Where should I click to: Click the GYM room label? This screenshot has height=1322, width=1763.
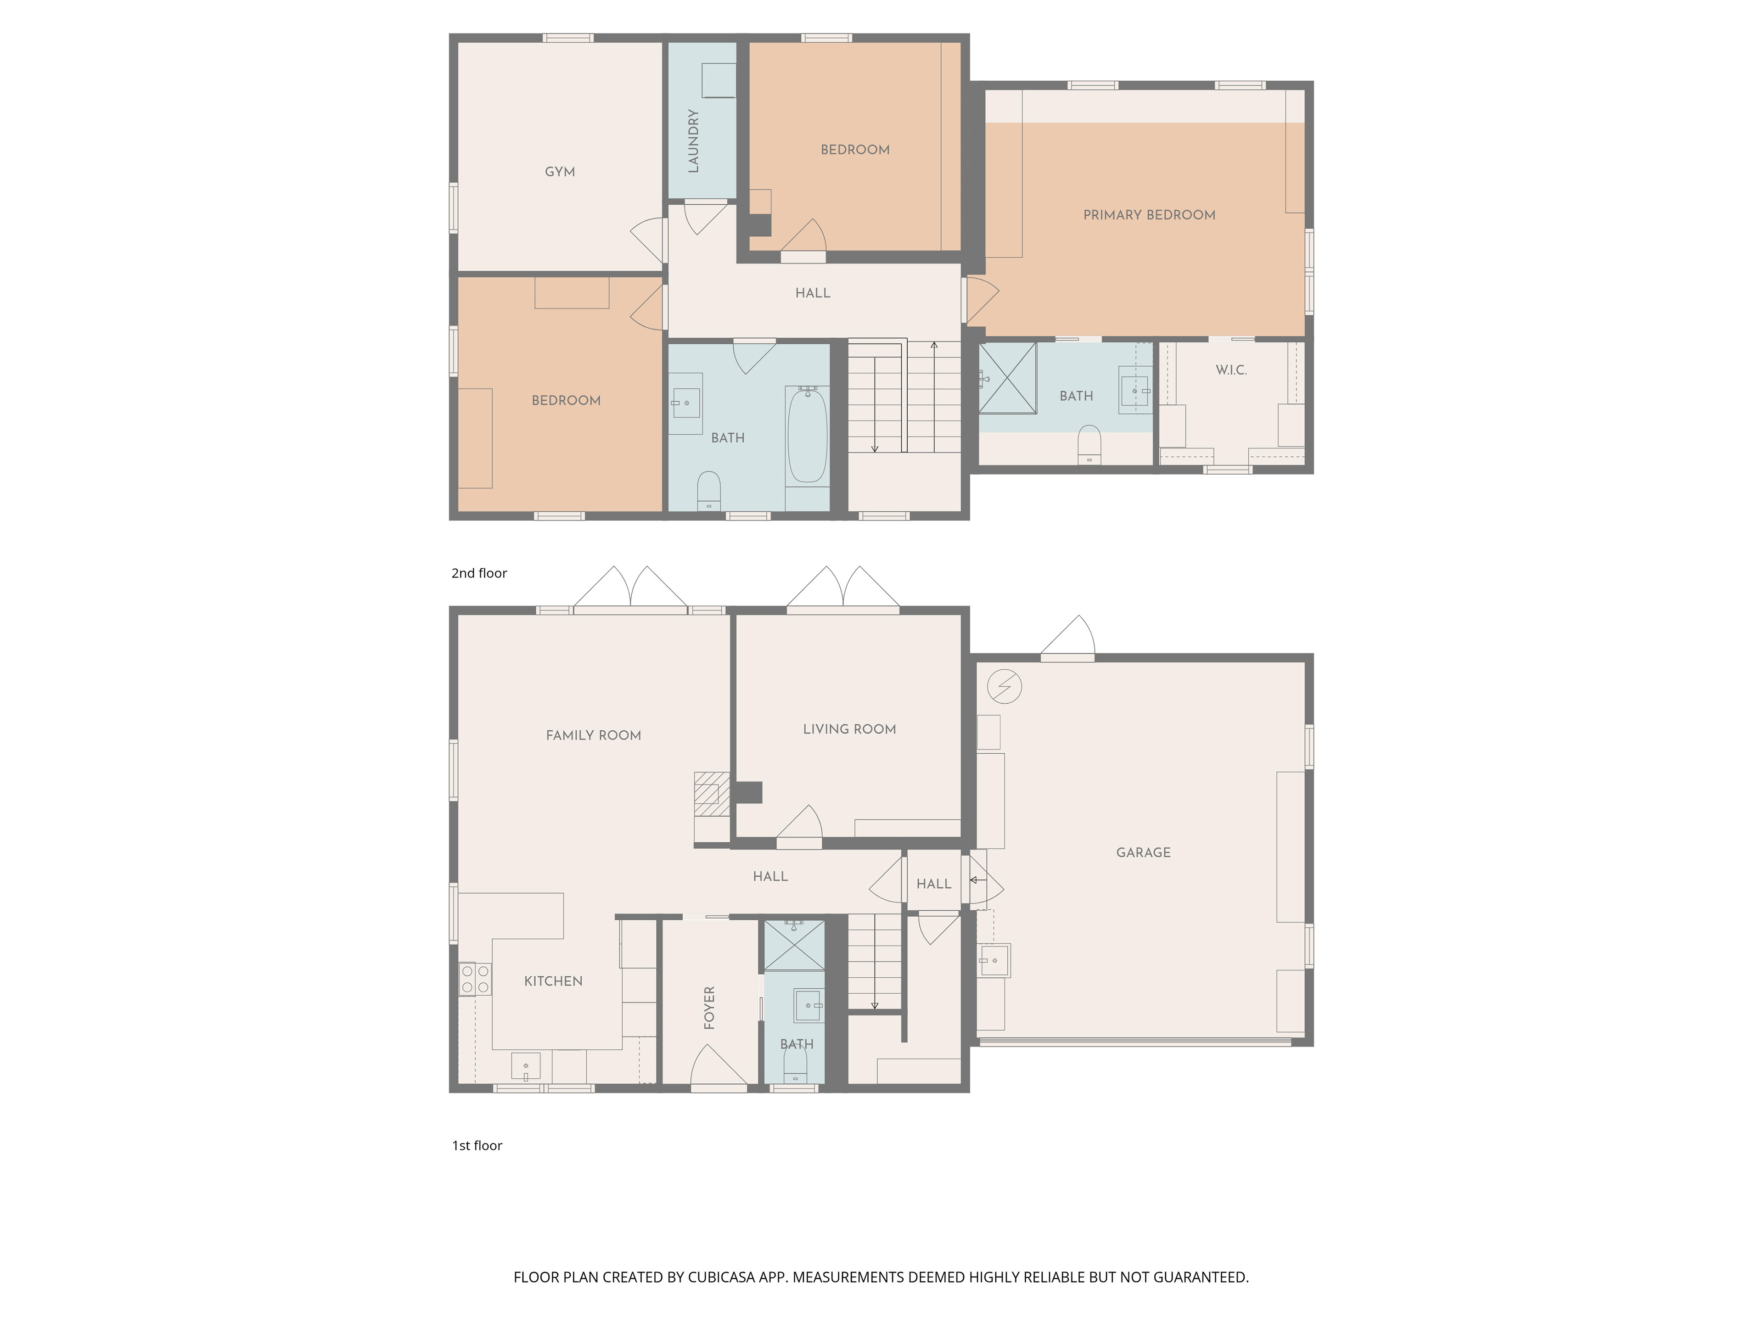click(x=560, y=171)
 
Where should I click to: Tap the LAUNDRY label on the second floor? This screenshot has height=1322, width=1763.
click(x=693, y=141)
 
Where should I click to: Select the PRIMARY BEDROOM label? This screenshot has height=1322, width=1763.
click(x=1149, y=214)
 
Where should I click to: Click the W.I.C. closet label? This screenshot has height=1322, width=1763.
click(x=1231, y=370)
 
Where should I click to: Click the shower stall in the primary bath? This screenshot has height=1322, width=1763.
click(x=1007, y=378)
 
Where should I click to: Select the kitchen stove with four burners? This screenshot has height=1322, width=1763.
click(x=475, y=980)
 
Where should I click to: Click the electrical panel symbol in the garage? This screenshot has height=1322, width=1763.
click(x=1004, y=686)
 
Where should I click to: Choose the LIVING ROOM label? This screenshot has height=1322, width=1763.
click(x=850, y=729)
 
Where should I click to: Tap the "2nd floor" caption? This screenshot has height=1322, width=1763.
click(x=479, y=573)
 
